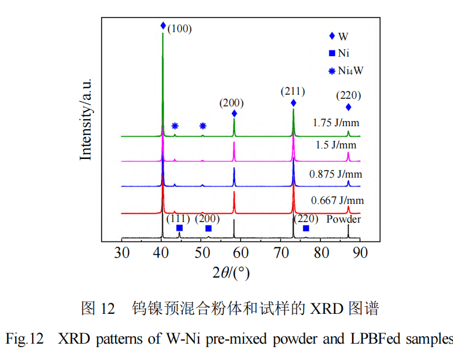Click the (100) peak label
tap(179, 28)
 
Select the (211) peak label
tap(292, 91)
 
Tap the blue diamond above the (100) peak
tap(163, 26)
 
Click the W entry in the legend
tap(339, 36)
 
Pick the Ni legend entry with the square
tap(339, 54)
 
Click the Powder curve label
tap(343, 219)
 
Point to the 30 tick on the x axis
tap(121, 252)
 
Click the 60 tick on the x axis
tap(241, 252)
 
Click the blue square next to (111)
tap(179, 228)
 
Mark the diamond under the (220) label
tap(349, 107)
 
